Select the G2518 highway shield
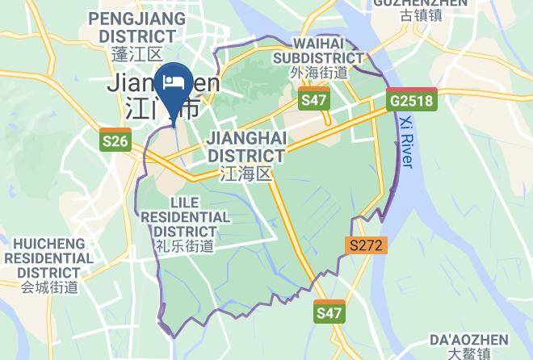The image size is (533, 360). coord(411,101)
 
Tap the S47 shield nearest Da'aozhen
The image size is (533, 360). coord(329,312)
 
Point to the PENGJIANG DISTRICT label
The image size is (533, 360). coord(132,27)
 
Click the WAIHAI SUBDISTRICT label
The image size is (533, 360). coord(318,50)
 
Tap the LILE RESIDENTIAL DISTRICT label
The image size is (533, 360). coord(186,217)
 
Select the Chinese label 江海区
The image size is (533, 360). coord(246,174)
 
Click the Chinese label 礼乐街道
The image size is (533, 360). coord(186,247)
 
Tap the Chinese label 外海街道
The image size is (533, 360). coord(318,73)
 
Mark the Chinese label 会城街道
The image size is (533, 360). coord(49,287)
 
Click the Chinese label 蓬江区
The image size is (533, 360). coord(137,53)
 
